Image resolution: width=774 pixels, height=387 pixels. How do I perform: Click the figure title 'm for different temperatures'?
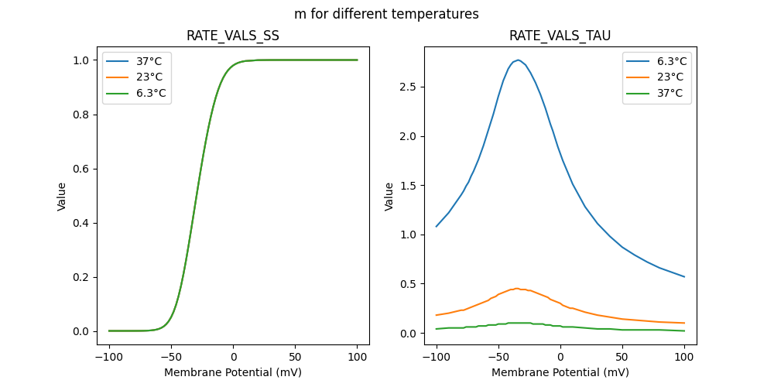pos(386,14)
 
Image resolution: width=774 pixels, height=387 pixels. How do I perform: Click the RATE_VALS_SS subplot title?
pos(233,36)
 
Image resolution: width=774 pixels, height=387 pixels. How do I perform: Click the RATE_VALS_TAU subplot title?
pos(560,36)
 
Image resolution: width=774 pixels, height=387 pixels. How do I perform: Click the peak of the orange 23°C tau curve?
pos(517,289)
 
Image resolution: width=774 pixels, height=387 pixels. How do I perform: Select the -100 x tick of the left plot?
pos(108,358)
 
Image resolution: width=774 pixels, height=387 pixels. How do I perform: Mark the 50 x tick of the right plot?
pos(622,358)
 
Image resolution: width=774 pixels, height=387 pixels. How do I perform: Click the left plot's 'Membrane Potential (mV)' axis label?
pos(233,372)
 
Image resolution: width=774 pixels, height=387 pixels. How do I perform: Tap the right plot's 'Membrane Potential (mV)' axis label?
pos(560,372)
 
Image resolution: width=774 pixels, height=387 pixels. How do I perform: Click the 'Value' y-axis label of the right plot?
pos(389,196)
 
